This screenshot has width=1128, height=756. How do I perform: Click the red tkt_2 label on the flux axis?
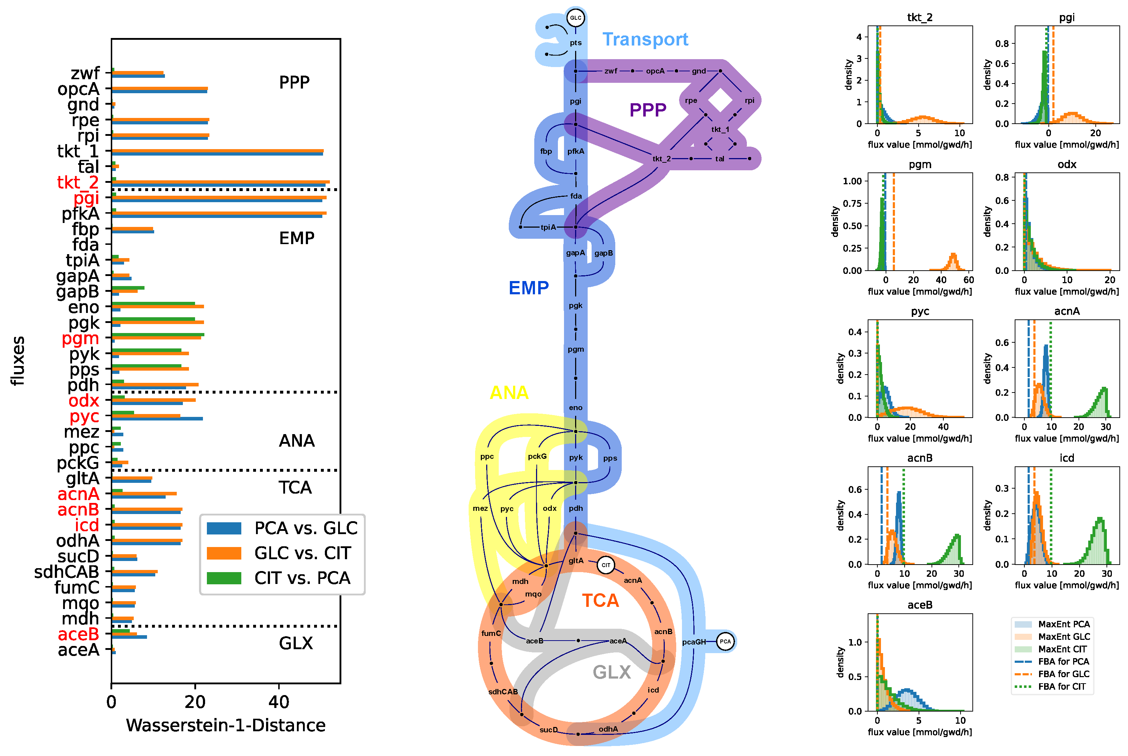(x=78, y=182)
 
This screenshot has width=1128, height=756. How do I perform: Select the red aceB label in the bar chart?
(x=78, y=634)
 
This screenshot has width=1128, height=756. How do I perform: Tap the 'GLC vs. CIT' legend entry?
(x=302, y=553)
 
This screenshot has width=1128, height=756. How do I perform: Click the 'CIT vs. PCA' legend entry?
(x=302, y=578)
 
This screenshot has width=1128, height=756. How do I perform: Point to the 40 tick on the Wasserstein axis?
(x=279, y=702)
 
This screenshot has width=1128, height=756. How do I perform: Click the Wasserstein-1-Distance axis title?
(x=226, y=725)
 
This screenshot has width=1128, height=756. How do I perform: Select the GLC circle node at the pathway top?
(x=575, y=18)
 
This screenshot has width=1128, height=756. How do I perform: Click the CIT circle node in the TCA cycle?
(x=606, y=565)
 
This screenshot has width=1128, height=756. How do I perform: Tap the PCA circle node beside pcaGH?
(x=725, y=641)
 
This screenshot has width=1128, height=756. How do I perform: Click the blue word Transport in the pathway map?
(x=645, y=39)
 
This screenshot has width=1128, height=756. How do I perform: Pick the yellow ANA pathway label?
(x=509, y=393)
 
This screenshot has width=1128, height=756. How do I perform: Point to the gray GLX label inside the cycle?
(x=611, y=672)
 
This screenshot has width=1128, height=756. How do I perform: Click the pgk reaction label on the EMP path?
(x=575, y=306)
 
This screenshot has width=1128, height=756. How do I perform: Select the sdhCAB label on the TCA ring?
(x=503, y=691)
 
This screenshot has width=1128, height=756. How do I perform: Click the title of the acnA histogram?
(x=1066, y=311)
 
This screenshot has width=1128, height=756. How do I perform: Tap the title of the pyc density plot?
(x=920, y=311)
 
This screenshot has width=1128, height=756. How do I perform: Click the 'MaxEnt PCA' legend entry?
(x=1063, y=624)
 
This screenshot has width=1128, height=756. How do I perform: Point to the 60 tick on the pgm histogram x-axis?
(x=968, y=280)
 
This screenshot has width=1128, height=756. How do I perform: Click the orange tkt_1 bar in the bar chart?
(x=217, y=151)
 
